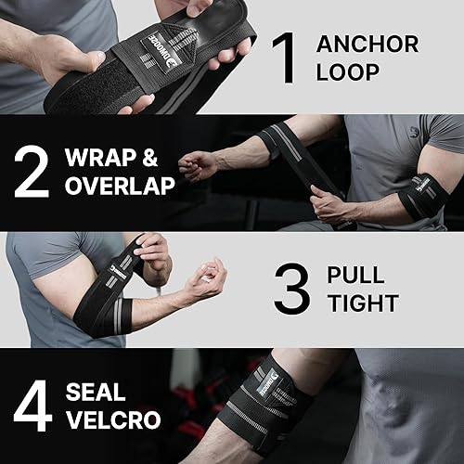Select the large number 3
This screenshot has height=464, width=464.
click(292, 289)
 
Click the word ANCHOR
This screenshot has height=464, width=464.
click(367, 44)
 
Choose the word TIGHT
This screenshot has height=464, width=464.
click(363, 303)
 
